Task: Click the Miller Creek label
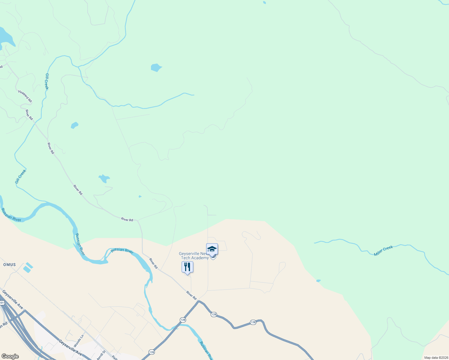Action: tap(383, 251)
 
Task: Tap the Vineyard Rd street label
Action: tap(25, 96)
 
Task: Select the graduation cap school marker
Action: tap(212, 249)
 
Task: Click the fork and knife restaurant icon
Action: tap(187, 267)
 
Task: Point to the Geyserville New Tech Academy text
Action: tap(194, 256)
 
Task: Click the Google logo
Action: tap(10, 356)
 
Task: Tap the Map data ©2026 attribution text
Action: tap(436, 358)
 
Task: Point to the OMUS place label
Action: tap(9, 265)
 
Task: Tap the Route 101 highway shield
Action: tap(2, 303)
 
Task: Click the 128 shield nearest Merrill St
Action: tap(152, 352)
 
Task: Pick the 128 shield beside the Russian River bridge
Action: tap(183, 320)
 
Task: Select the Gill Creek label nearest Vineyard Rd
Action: tap(47, 81)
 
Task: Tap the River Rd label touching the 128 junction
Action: tap(191, 295)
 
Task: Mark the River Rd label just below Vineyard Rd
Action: tap(29, 115)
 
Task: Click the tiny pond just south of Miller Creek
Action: tap(318, 281)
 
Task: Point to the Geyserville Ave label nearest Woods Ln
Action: tap(70, 348)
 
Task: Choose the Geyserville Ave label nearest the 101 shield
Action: tap(13, 299)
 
